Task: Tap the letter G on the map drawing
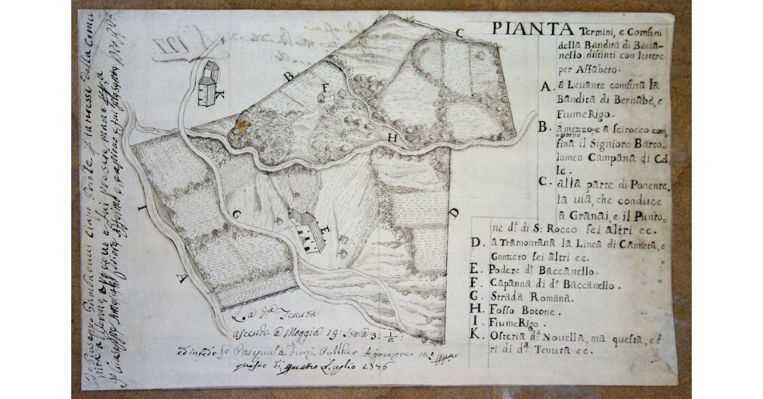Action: pos(237,215)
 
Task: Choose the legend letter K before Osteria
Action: pos(475,336)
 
